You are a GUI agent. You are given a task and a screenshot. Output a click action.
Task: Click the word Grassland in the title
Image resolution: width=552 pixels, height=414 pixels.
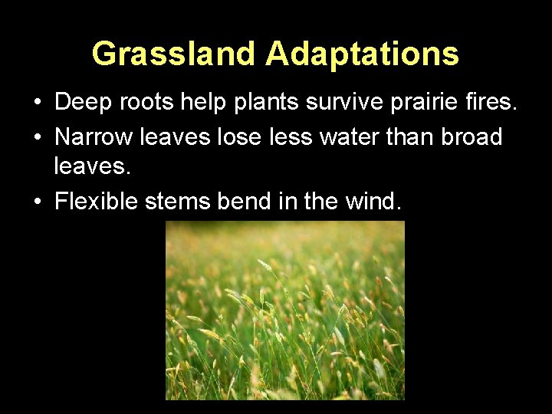[x=175, y=54]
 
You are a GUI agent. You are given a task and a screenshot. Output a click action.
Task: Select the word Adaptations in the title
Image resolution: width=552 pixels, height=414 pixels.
[x=363, y=54]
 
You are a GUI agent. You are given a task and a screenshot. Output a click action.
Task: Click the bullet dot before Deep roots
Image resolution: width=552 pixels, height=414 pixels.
[x=37, y=103]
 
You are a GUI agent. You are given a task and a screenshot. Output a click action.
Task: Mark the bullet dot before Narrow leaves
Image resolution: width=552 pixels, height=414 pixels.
[x=37, y=138]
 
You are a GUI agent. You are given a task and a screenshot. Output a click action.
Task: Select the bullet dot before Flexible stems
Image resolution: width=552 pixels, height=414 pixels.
[x=37, y=202]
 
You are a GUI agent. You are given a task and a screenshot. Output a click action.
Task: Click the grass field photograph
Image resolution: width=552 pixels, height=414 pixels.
[x=285, y=310]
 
